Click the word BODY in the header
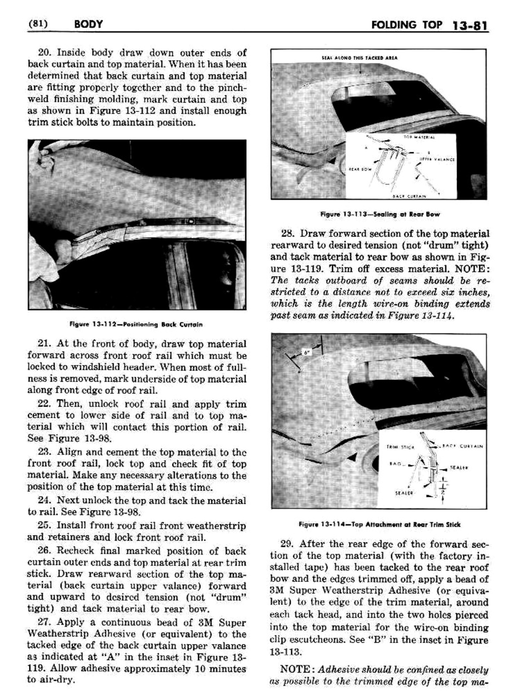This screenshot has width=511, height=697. (x=88, y=24)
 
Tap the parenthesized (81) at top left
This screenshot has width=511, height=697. (x=38, y=24)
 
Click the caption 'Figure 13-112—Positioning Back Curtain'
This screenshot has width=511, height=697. (x=136, y=324)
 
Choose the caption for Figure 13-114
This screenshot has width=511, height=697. (x=379, y=524)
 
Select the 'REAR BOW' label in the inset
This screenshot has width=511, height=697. (x=357, y=169)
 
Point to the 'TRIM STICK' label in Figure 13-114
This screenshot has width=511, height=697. (x=400, y=447)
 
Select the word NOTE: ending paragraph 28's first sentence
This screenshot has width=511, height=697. (x=472, y=268)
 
